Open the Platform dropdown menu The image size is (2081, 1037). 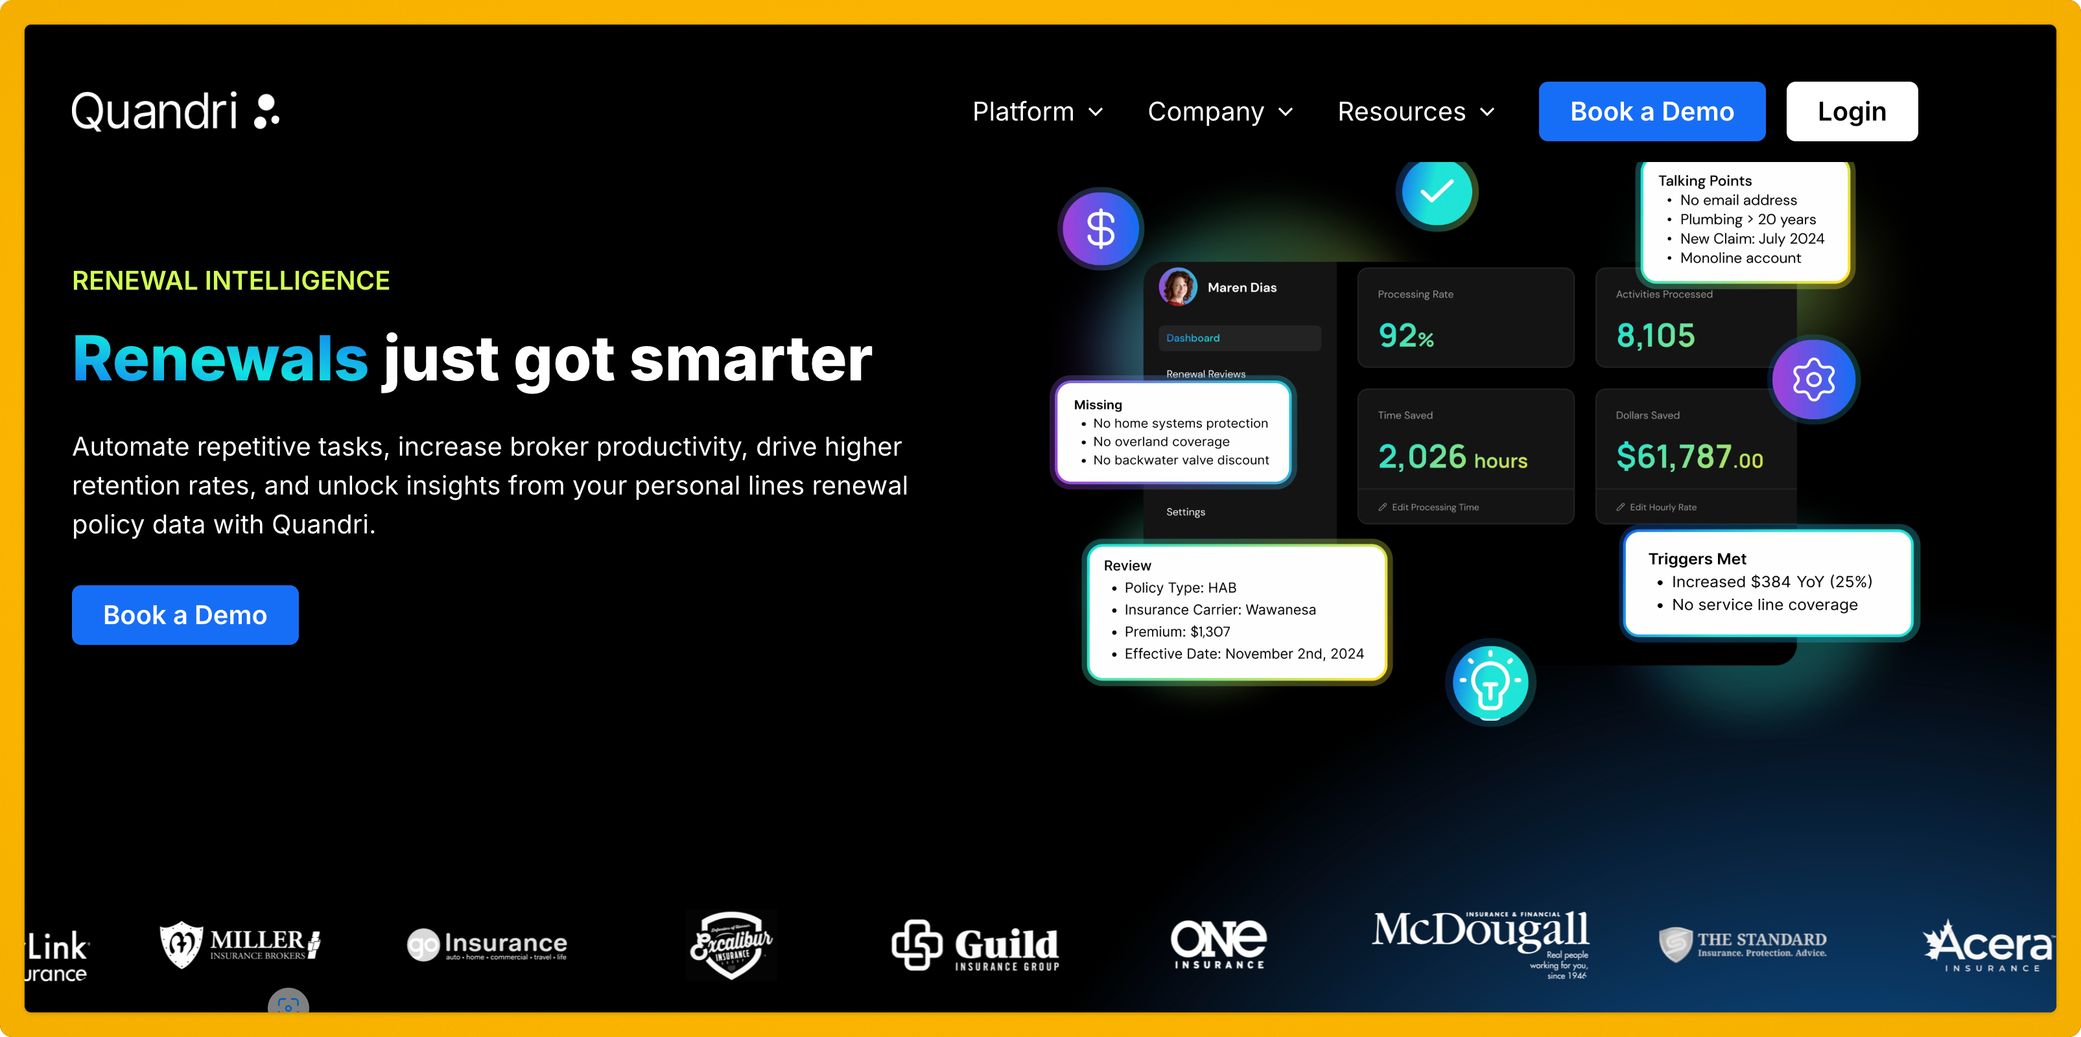(1037, 111)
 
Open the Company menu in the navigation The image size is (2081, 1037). (1220, 111)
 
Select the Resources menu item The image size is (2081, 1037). (1415, 111)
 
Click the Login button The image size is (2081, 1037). (1852, 111)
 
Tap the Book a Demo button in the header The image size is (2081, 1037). (1651, 111)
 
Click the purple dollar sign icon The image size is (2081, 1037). (1100, 229)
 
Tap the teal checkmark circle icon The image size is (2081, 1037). (1437, 192)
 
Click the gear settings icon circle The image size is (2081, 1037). (1814, 379)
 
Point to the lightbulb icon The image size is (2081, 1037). (1490, 683)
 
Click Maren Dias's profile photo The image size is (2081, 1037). (1178, 286)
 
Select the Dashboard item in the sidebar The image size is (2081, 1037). (1193, 338)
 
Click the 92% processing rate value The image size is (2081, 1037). (1405, 335)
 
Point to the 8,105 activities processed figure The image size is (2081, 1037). (1655, 335)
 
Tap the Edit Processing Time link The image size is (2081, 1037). (1434, 507)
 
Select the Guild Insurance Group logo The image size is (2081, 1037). (975, 945)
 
